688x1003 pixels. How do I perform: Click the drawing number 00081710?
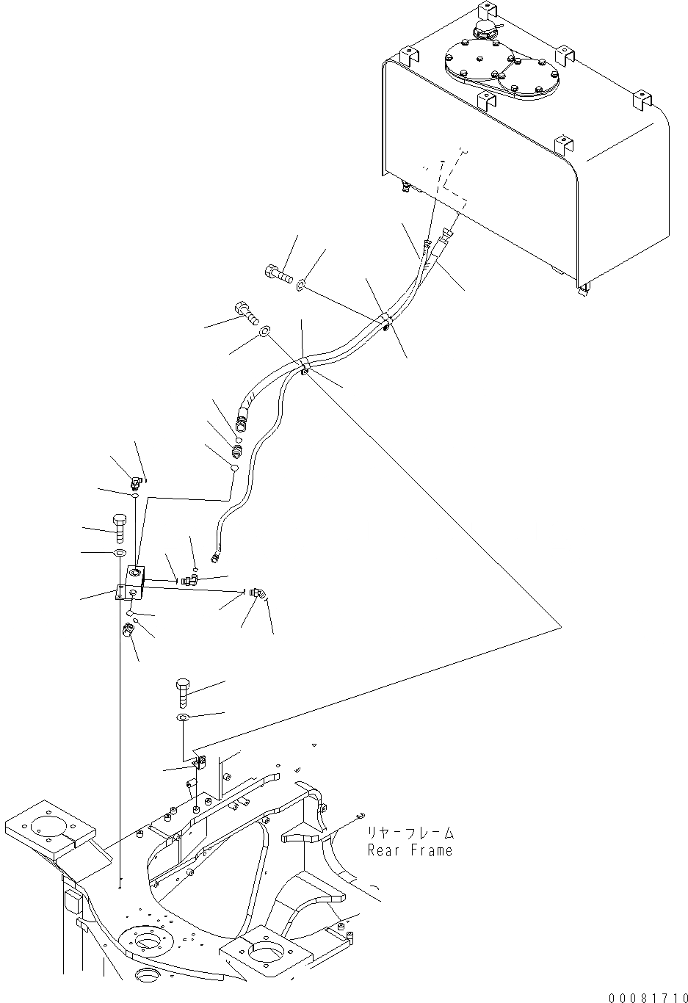coord(644,996)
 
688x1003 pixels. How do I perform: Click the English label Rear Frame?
coord(410,850)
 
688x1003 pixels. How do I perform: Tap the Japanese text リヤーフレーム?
coord(410,833)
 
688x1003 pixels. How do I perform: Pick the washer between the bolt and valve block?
coord(119,552)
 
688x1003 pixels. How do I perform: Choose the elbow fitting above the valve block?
coord(136,482)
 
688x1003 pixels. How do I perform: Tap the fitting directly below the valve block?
coord(128,630)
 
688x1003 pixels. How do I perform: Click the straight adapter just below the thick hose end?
coord(237,447)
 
